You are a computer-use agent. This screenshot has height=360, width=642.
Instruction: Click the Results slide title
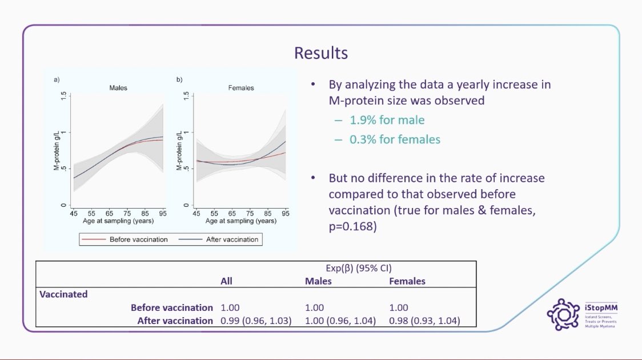320,53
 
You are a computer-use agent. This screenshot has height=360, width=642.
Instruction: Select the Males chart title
118,88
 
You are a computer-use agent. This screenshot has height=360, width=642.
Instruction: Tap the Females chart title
240,88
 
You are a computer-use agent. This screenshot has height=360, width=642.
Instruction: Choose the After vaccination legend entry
232,239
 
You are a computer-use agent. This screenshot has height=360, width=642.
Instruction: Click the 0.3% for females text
395,139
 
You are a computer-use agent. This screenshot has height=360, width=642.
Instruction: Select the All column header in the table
227,281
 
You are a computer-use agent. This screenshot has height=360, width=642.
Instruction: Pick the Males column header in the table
318,281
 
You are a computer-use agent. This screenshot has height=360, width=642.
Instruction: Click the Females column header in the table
407,281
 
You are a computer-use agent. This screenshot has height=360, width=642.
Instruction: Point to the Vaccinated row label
63,294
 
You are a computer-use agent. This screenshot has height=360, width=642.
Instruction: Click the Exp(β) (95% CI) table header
355,267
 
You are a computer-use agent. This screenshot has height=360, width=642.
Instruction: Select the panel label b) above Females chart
179,79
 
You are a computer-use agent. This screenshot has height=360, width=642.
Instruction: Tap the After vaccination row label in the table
175,321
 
